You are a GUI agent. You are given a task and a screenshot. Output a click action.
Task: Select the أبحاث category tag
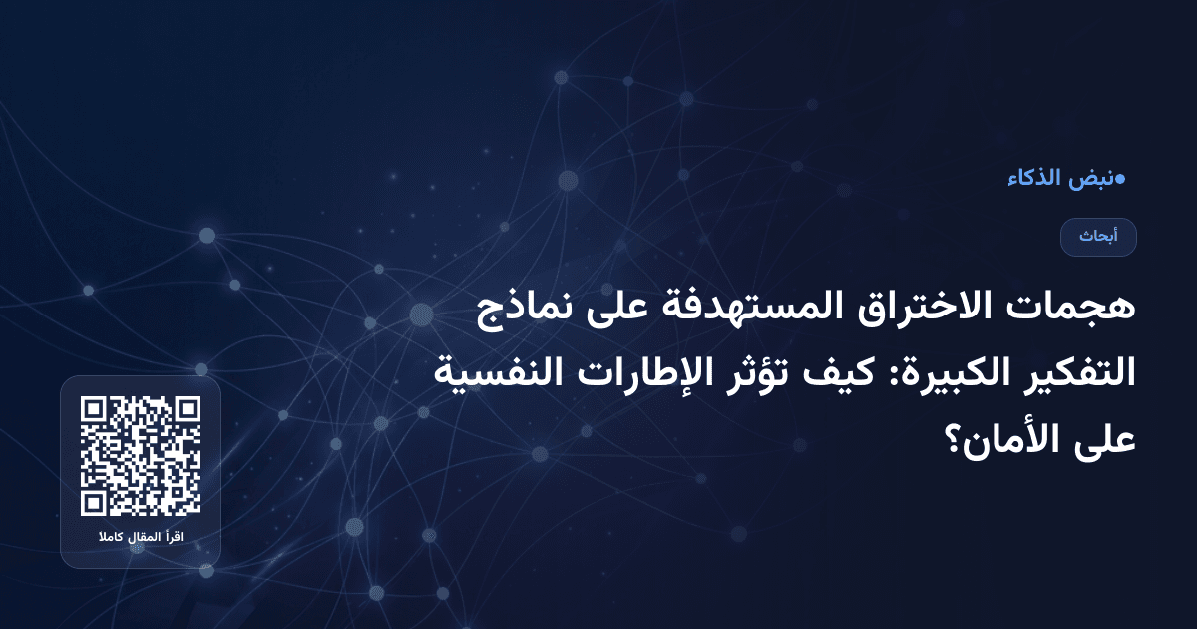[x=1098, y=237]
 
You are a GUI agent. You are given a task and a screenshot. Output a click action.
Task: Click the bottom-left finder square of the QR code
[x=95, y=501]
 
